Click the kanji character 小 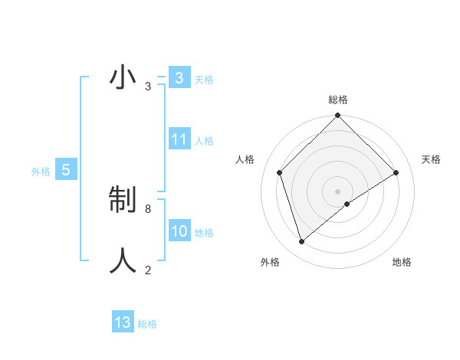pos(123,78)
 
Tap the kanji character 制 pos(123,201)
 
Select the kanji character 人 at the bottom pos(123,260)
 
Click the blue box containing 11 pos(179,139)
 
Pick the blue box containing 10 pos(179,231)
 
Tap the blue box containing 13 pos(123,322)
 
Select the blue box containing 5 pos(66,170)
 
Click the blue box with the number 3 pos(179,78)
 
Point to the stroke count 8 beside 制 pos(148,208)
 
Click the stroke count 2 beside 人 pos(148,269)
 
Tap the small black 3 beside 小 pos(148,87)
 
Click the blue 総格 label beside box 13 pos(147,324)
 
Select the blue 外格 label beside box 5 pos(41,172)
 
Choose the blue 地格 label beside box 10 pos(204,233)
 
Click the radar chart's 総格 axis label pos(337,100)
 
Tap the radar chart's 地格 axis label pos(402,262)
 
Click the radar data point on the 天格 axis pos(396,172)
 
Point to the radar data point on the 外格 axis pos(301,241)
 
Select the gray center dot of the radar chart pos(337,191)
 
